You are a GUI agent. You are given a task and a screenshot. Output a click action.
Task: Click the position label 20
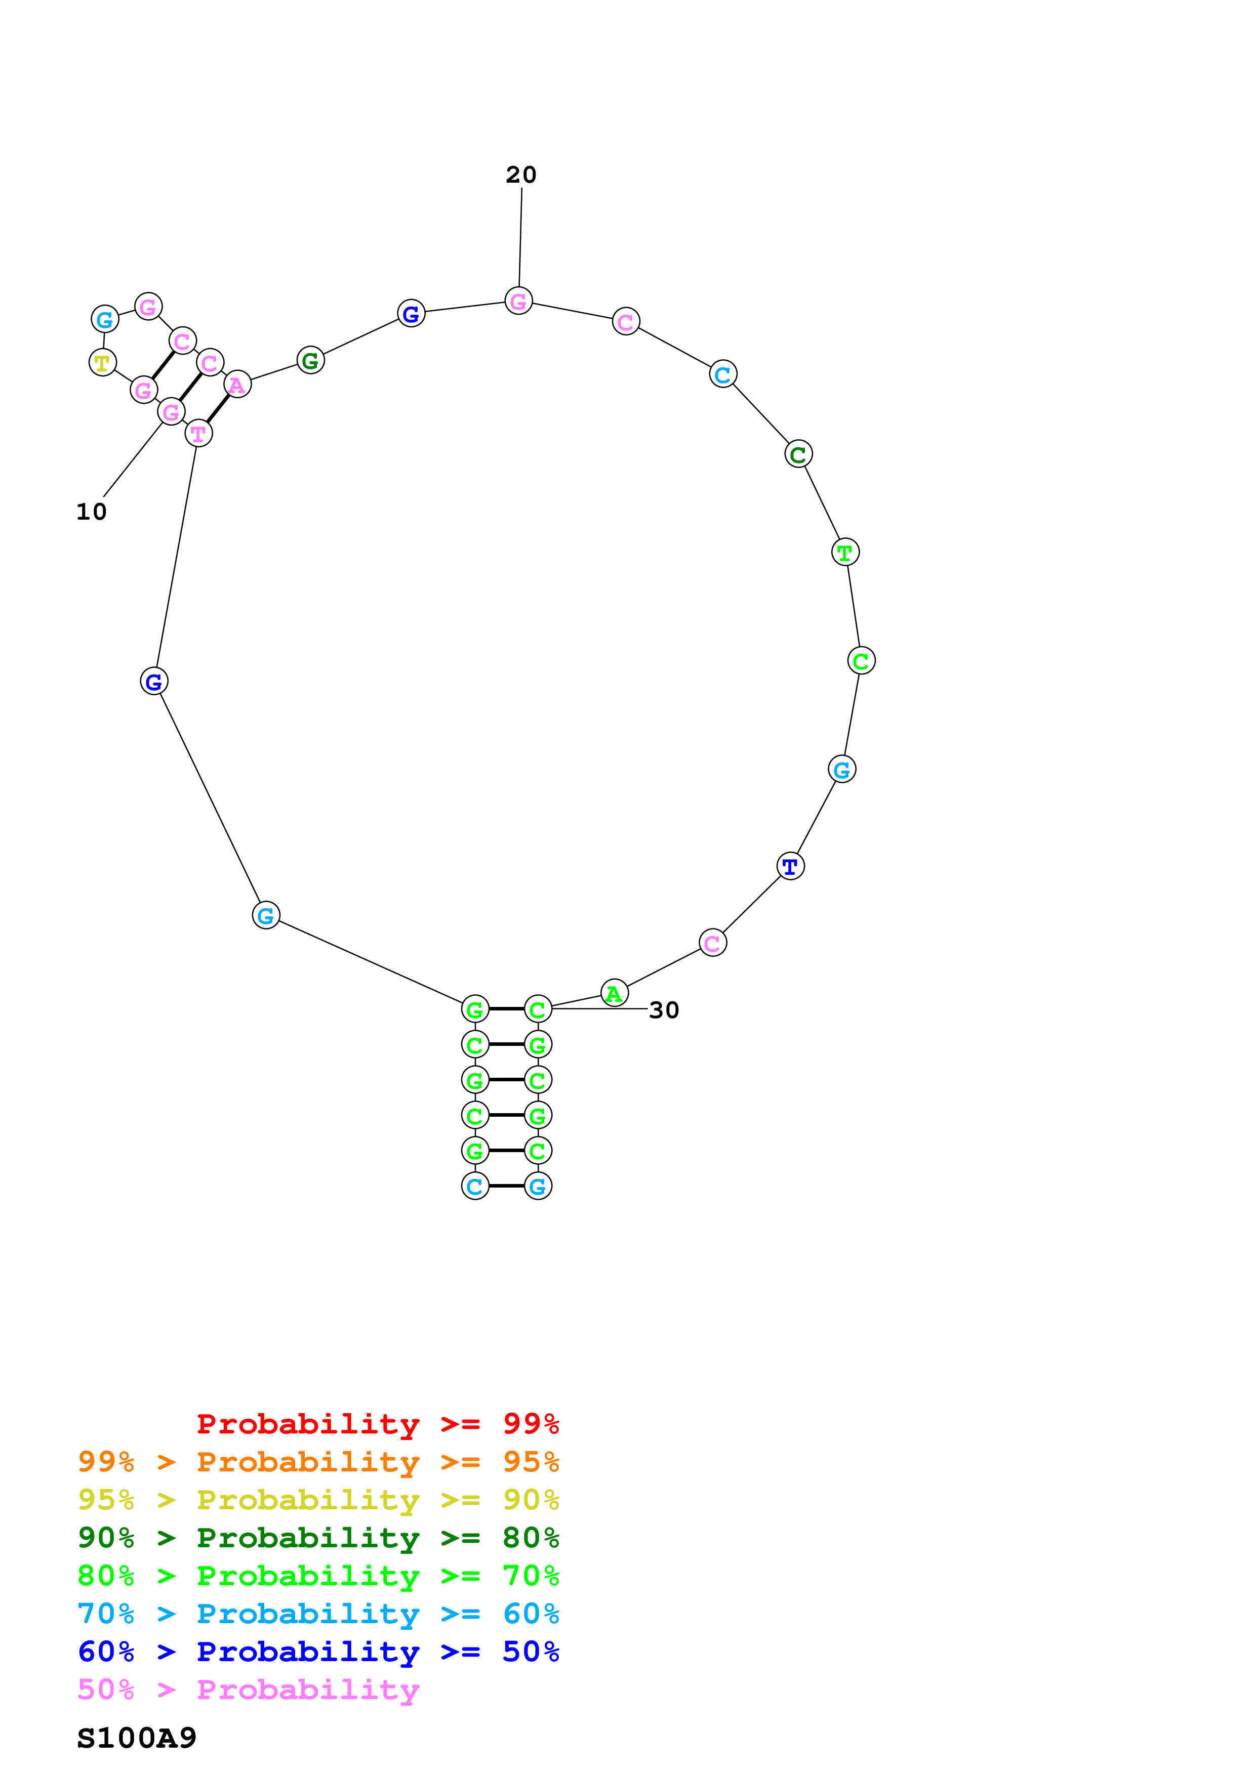[x=520, y=175]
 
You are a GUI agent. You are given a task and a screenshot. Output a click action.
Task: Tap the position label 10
[x=91, y=512]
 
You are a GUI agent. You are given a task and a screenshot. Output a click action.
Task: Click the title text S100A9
[x=137, y=1738]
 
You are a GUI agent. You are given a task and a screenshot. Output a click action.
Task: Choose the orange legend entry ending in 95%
[x=318, y=1462]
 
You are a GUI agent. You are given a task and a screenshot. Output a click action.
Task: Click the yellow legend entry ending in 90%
[x=318, y=1500]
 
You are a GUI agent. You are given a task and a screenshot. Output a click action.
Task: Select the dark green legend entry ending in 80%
[x=318, y=1538]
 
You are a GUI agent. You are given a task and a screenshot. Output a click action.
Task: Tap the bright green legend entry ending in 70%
[x=318, y=1576]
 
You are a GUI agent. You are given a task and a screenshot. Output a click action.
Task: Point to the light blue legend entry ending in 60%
[x=318, y=1614]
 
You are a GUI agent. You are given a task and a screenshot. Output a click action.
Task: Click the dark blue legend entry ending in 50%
[x=318, y=1652]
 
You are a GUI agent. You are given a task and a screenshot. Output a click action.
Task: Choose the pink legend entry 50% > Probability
[x=248, y=1689]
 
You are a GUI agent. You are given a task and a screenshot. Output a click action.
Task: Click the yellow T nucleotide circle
[x=103, y=362]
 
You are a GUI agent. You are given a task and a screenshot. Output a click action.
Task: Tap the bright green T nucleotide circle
[x=845, y=552]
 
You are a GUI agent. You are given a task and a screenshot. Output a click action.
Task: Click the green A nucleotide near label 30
[x=615, y=993]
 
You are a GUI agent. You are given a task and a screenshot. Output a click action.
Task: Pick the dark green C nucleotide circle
[x=798, y=454]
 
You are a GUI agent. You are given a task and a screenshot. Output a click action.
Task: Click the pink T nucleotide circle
[x=199, y=434]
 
